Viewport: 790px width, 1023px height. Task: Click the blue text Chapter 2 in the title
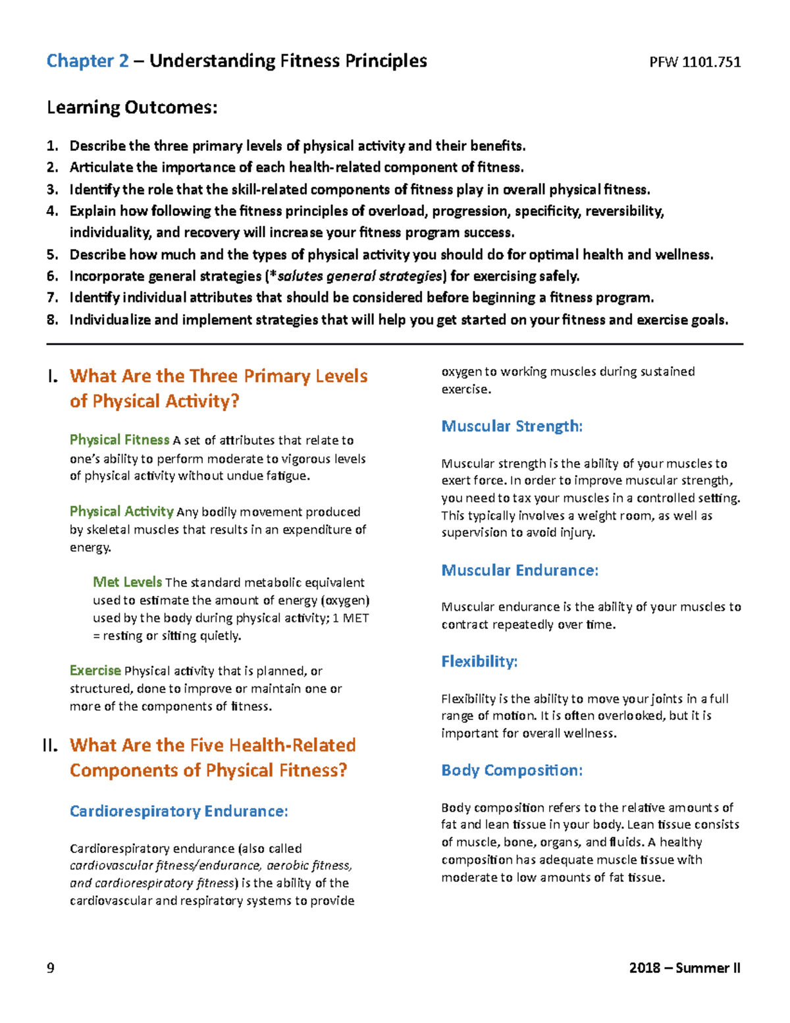coord(88,61)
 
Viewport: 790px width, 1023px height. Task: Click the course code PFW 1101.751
coord(695,63)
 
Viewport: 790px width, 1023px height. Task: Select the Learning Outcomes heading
coord(132,107)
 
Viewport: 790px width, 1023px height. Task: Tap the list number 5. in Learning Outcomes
coord(53,255)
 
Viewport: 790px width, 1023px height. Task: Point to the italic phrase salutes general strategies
coord(359,277)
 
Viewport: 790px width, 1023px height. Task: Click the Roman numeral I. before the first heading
coord(53,377)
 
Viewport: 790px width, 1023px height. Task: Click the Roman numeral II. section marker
coord(50,746)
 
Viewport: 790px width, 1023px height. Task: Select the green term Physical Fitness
coord(120,440)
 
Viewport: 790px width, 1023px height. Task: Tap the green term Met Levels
coord(127,582)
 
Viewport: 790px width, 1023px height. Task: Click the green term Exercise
coord(95,671)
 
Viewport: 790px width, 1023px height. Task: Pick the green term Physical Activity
coord(122,512)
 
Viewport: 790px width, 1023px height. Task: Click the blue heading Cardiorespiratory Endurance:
coord(178,812)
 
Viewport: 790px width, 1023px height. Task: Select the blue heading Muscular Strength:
coord(512,427)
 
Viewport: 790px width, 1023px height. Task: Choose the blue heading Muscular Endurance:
coord(519,570)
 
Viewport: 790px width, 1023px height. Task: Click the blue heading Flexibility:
coord(479,661)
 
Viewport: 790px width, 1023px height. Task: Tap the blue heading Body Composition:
coord(512,771)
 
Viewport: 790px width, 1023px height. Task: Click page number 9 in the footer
coord(51,968)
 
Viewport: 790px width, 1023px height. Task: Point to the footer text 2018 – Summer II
coord(685,968)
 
